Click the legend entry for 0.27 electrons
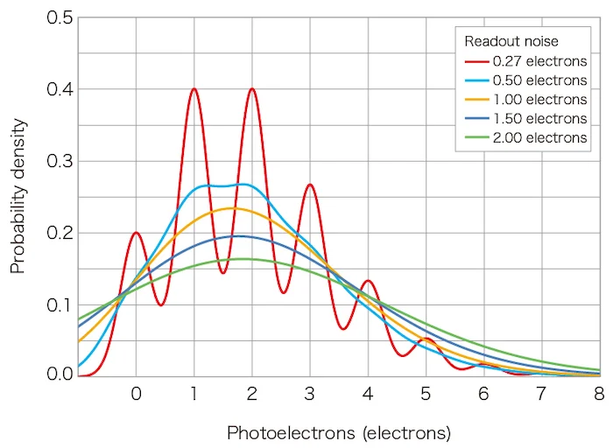525,61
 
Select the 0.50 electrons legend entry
525,80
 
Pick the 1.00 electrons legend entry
525,100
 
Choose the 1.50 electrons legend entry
525,119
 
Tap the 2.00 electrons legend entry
525,138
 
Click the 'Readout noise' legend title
511,41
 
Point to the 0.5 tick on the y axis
60,18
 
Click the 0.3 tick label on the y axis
60,161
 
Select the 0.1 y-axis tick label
60,304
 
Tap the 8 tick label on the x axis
599,394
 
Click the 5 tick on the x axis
426,394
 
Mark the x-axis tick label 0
136,394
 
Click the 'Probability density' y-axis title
18,197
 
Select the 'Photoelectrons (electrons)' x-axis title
339,433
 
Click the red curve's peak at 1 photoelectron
194,88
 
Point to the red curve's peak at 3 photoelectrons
309,185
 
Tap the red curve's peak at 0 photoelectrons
137,232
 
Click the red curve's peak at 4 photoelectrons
368,281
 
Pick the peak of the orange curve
231,207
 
